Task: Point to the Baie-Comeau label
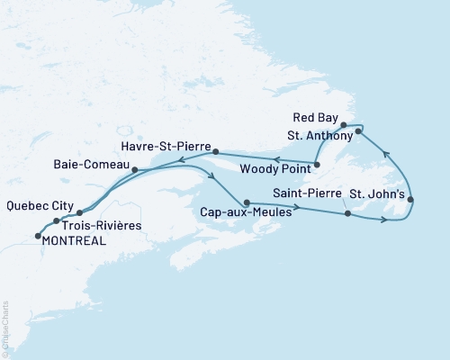point(92,166)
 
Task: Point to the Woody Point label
point(278,166)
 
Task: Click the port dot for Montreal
point(38,236)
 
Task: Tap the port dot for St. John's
point(410,200)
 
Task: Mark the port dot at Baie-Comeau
point(133,169)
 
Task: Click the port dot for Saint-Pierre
point(346,213)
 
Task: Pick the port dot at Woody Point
point(318,164)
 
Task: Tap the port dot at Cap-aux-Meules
point(246,202)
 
